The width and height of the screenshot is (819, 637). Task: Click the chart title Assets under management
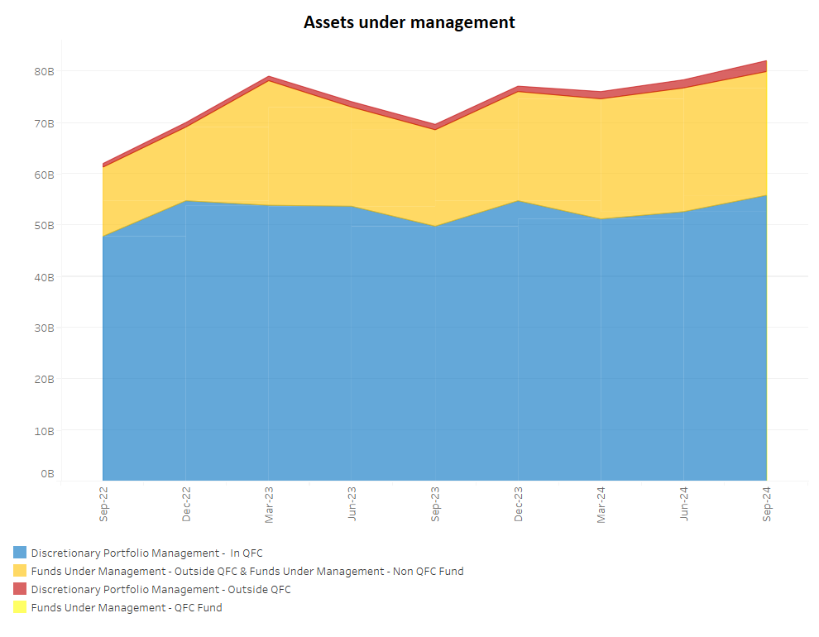tap(409, 22)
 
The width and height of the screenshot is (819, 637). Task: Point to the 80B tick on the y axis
tap(44, 72)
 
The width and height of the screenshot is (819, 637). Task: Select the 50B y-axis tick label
tap(44, 225)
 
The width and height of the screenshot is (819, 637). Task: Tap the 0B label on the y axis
tap(47, 474)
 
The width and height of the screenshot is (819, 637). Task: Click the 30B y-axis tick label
tap(44, 328)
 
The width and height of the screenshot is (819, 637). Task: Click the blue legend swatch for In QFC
tap(20, 553)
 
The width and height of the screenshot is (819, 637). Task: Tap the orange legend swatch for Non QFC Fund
tap(20, 571)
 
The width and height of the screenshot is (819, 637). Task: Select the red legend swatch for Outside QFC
tap(20, 589)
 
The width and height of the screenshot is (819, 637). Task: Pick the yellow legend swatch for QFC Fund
tap(20, 607)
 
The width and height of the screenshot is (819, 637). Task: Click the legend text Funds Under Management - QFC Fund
tap(127, 607)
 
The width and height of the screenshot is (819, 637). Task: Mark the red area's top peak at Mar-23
tap(269, 77)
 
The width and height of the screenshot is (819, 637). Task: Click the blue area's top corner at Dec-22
tap(186, 201)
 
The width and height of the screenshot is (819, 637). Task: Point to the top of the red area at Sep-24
tap(766, 61)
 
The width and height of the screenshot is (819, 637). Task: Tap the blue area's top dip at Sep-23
tap(435, 226)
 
